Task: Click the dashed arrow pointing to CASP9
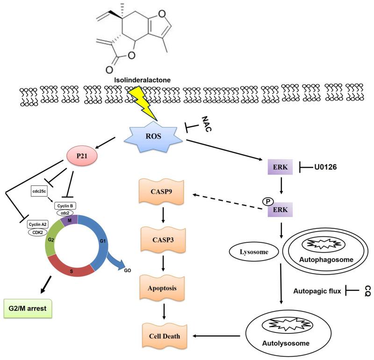pyautogui.click(x=222, y=197)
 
